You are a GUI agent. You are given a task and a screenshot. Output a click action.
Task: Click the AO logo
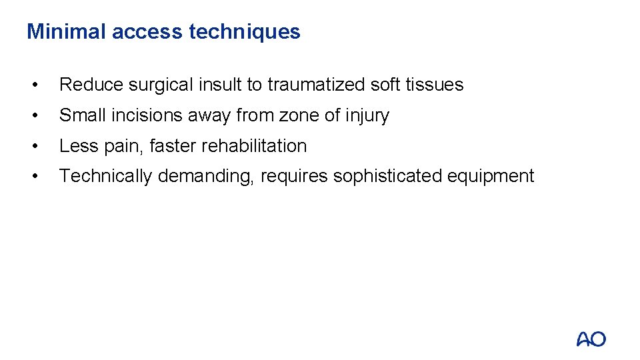(x=591, y=339)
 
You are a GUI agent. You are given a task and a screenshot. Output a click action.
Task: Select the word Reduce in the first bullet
(x=91, y=85)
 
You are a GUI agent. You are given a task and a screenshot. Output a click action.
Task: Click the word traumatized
(x=317, y=85)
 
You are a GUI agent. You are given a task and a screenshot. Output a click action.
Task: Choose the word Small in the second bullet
(x=81, y=115)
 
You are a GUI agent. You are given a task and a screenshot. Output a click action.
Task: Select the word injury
(x=367, y=115)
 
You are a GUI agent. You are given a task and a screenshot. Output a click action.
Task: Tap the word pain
(x=120, y=146)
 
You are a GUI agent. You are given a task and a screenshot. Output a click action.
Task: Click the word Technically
(x=105, y=176)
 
